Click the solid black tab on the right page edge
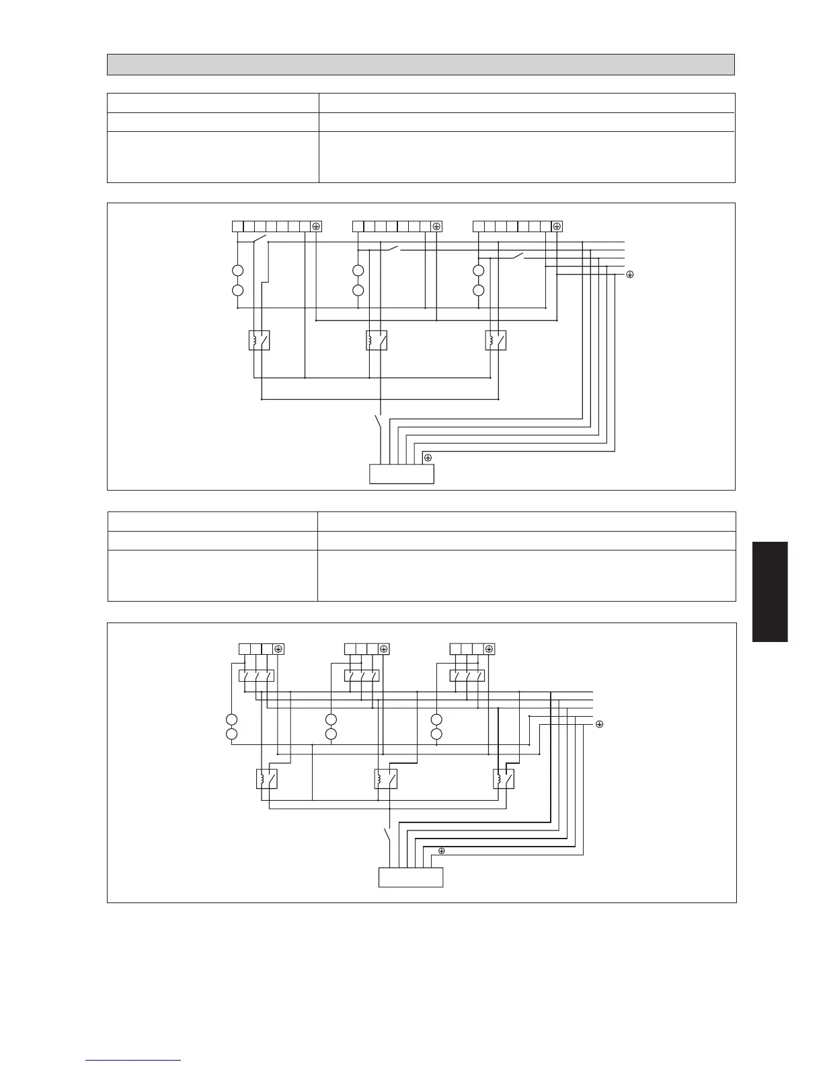click(x=770, y=592)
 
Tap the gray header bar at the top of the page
click(x=420, y=65)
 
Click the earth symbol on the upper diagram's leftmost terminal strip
click(x=316, y=226)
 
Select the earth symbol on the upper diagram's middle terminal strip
click(x=436, y=226)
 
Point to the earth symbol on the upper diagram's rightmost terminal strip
click(x=557, y=226)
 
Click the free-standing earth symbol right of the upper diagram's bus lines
click(x=630, y=275)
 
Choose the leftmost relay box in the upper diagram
click(x=259, y=341)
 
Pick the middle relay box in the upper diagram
click(x=377, y=341)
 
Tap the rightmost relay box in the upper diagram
click(x=496, y=341)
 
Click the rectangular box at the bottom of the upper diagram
click(x=401, y=474)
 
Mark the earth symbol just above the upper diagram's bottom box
click(x=428, y=458)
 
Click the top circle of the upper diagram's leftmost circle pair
click(x=238, y=271)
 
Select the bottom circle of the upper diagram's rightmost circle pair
click(x=479, y=291)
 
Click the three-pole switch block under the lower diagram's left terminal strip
click(x=256, y=675)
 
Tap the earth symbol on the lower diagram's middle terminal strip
click(x=383, y=649)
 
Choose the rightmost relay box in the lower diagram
click(x=504, y=779)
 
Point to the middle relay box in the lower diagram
click(x=385, y=779)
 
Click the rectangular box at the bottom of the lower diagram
click(x=411, y=878)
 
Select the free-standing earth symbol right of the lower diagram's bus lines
click(x=599, y=724)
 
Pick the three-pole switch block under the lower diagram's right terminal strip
click(x=467, y=675)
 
